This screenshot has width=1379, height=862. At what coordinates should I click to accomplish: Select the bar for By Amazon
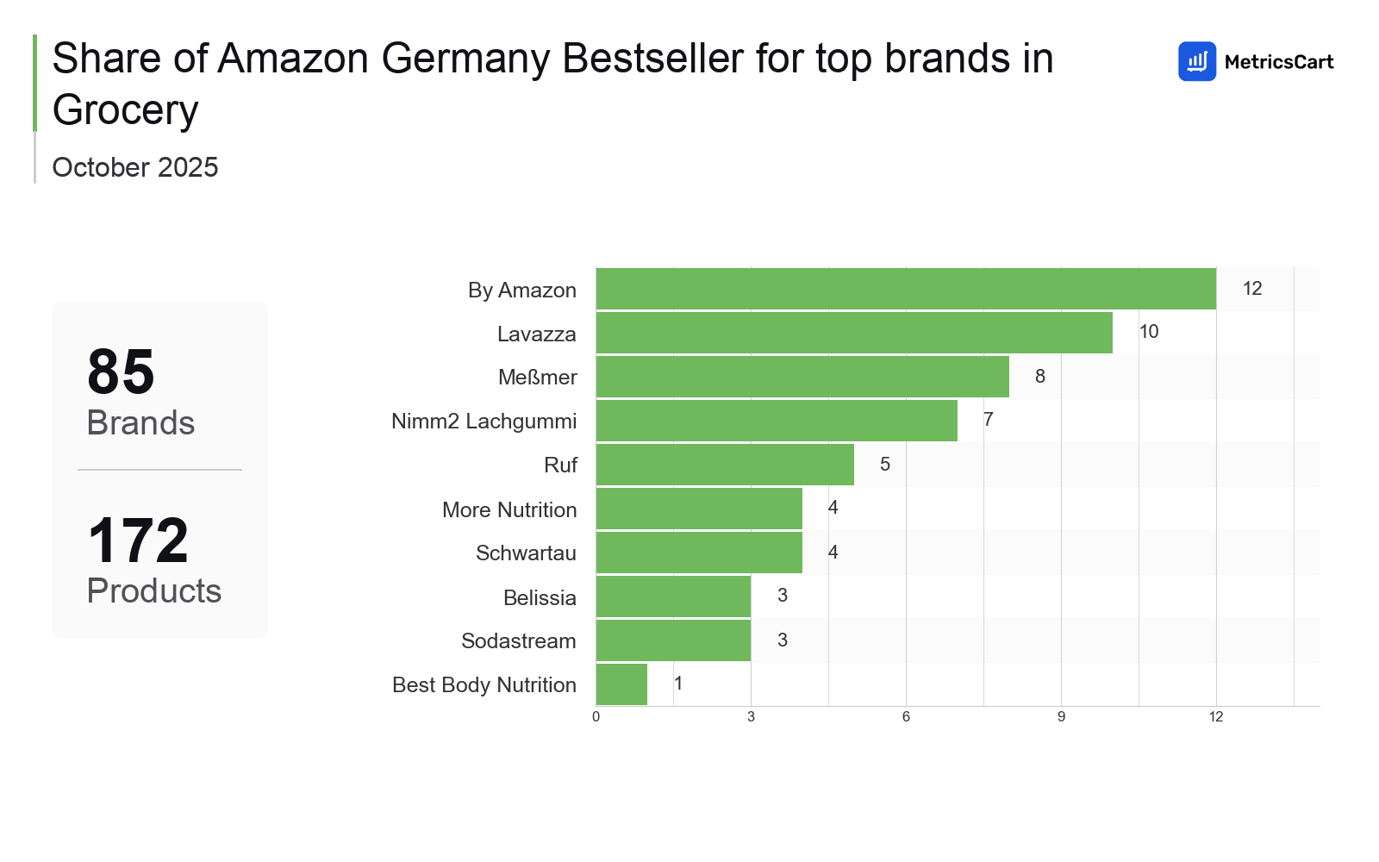[x=905, y=289]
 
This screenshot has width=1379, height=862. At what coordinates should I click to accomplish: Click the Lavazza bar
[x=853, y=333]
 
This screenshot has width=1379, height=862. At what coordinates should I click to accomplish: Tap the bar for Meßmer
[x=802, y=377]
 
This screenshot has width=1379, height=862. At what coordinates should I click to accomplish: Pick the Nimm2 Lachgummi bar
[x=776, y=421]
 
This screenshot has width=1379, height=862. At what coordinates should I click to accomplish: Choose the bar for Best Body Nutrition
[x=621, y=684]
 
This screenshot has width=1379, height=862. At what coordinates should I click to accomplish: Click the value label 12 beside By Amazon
[x=1252, y=289]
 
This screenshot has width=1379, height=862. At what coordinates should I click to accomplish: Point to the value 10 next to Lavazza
[x=1149, y=332]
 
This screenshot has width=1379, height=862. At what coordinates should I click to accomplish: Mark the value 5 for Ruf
[x=885, y=465]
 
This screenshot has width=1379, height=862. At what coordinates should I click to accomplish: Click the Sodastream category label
[x=519, y=641]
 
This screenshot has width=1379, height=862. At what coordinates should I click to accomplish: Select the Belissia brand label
[x=540, y=597]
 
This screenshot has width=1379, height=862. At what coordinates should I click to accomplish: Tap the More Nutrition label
[x=509, y=509]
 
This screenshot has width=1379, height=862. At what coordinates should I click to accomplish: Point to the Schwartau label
[x=526, y=553]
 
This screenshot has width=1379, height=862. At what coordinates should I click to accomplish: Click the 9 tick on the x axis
[x=1061, y=717]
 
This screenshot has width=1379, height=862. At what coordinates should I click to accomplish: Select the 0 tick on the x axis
[x=596, y=717]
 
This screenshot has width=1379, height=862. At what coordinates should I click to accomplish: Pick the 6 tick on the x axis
[x=906, y=717]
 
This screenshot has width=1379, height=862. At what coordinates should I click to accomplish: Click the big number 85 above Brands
[x=121, y=372]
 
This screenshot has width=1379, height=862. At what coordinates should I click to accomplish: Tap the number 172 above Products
[x=138, y=541]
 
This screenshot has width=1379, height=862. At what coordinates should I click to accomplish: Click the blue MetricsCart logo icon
[x=1197, y=61]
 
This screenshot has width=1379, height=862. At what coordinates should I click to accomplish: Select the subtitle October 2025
[x=135, y=167]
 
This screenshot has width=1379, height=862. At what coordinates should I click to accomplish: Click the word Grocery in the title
[x=126, y=110]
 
